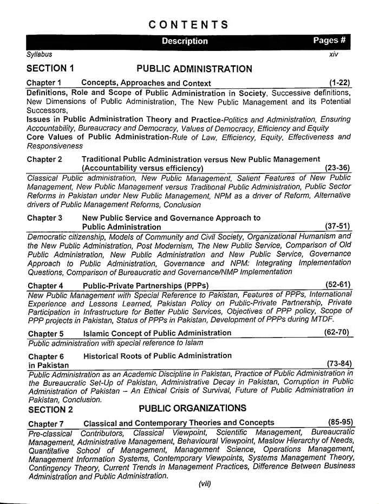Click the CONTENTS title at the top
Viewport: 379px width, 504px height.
(x=188, y=25)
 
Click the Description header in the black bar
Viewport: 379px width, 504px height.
(x=185, y=41)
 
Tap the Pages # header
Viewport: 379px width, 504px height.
(x=329, y=41)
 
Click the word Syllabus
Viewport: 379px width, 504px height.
(x=40, y=55)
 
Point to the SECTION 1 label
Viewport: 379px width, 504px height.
(x=50, y=69)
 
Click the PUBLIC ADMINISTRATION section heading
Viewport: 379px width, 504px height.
(x=194, y=69)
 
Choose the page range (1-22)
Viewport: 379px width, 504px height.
(x=339, y=83)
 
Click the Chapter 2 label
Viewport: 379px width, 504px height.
(x=44, y=159)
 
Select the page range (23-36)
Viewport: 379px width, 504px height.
(x=338, y=169)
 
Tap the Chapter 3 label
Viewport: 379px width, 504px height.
(x=44, y=218)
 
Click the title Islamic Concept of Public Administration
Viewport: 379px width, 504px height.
(x=157, y=333)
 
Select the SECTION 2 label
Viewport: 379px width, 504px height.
(x=50, y=409)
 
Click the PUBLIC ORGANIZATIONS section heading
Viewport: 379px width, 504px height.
(x=192, y=408)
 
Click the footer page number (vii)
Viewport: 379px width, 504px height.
(x=204, y=484)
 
